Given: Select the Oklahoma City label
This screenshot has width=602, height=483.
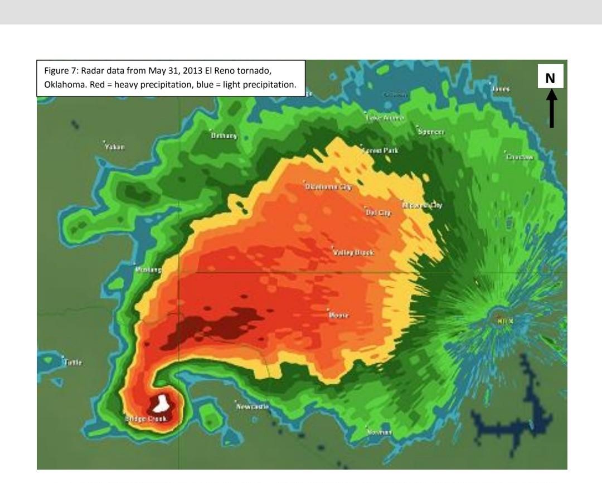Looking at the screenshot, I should pyautogui.click(x=328, y=187).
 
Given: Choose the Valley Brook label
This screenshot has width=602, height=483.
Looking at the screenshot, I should pyautogui.click(x=353, y=252).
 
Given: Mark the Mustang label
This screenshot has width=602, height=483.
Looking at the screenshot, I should pyautogui.click(x=148, y=270).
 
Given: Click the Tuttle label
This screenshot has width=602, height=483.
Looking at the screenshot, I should pyautogui.click(x=73, y=362).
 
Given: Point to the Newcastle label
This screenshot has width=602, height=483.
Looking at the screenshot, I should pyautogui.click(x=253, y=407).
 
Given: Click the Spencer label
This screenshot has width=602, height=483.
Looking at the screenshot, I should pyautogui.click(x=431, y=132).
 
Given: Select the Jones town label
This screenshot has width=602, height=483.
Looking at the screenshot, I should pyautogui.click(x=501, y=89).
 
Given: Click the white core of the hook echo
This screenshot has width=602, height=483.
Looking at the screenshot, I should pyautogui.click(x=162, y=402).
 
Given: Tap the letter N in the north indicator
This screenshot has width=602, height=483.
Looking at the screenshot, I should pyautogui.click(x=550, y=79).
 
